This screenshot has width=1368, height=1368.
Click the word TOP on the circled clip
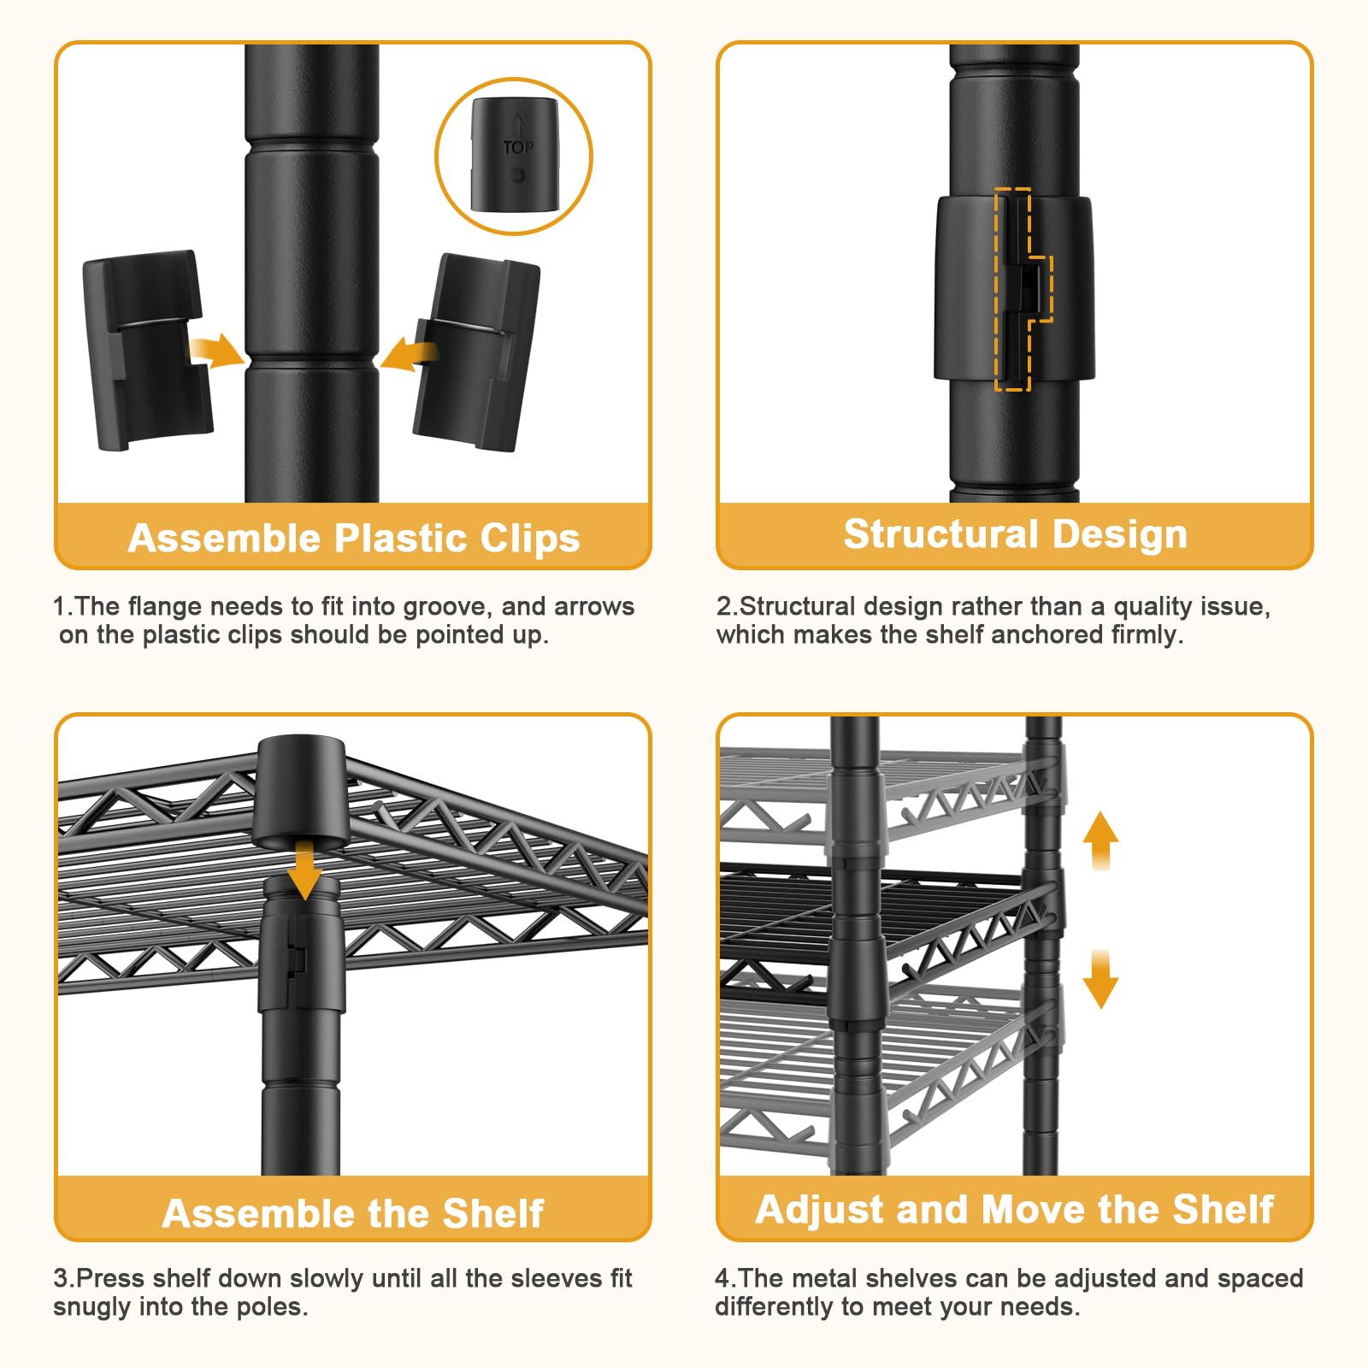[517, 148]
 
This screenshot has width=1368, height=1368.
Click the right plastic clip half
[475, 352]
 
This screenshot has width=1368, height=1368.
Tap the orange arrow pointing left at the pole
[409, 353]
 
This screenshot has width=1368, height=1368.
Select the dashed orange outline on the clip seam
[1023, 290]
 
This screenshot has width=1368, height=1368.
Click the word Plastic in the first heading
[401, 539]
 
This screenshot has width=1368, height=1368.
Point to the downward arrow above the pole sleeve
[304, 869]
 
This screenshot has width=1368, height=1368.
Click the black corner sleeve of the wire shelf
[301, 792]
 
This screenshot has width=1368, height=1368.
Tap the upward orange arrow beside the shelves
[1100, 840]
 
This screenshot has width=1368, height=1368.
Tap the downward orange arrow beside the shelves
[1100, 979]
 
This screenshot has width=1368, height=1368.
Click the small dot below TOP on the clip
[517, 175]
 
